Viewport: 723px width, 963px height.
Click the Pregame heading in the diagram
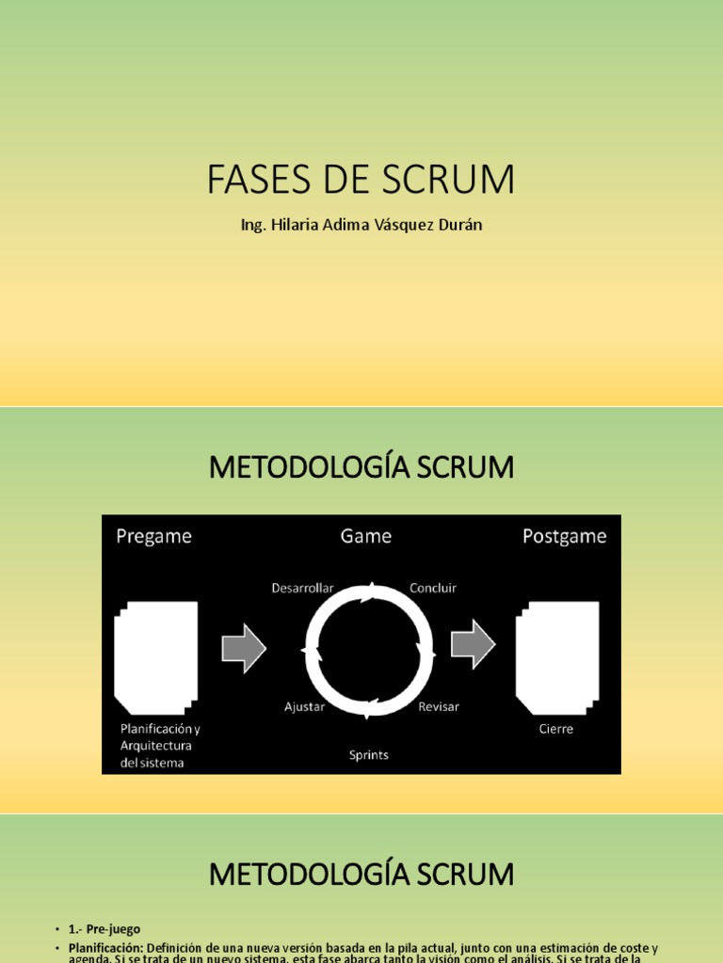(153, 536)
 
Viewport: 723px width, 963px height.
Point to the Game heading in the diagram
(366, 536)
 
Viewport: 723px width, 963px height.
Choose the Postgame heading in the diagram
(565, 536)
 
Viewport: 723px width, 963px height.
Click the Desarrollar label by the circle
(302, 588)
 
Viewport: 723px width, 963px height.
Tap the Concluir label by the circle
(433, 588)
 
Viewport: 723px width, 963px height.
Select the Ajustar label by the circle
(304, 706)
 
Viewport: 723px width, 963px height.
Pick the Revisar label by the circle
(439, 706)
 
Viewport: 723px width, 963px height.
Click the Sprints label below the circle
(368, 754)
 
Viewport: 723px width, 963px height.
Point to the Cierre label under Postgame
(556, 729)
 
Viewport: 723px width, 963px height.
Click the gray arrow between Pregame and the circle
(244, 648)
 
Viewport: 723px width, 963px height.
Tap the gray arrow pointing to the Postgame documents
(474, 644)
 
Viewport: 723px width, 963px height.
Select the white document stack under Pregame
(156, 656)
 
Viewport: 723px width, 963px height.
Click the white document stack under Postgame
(557, 656)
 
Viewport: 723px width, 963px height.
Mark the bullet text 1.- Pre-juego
(104, 929)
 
